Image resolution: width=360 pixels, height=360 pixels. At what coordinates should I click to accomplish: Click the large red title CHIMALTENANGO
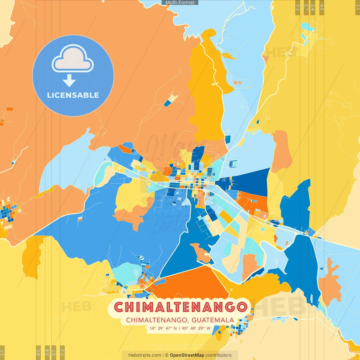[181, 307]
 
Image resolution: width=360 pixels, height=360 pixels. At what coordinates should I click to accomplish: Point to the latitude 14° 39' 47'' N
[163, 328]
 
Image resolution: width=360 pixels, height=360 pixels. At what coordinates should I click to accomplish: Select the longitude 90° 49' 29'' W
[196, 328]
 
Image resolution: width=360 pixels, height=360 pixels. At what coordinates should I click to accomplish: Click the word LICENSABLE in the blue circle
[73, 95]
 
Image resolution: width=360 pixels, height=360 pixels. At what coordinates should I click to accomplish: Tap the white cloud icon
[73, 59]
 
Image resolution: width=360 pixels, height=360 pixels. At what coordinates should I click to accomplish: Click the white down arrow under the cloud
[69, 80]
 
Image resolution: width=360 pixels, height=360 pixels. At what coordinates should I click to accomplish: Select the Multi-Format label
[180, 3]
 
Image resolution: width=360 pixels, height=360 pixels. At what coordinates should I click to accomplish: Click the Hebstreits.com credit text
[145, 355]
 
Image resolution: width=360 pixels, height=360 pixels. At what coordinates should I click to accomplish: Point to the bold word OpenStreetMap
[187, 355]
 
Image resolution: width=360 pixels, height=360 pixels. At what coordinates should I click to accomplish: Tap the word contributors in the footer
[219, 355]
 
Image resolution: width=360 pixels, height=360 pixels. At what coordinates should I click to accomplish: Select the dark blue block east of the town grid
[250, 181]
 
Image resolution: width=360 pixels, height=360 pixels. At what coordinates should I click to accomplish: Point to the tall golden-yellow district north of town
[207, 93]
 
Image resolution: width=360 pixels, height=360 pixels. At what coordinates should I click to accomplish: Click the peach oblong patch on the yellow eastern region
[282, 150]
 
